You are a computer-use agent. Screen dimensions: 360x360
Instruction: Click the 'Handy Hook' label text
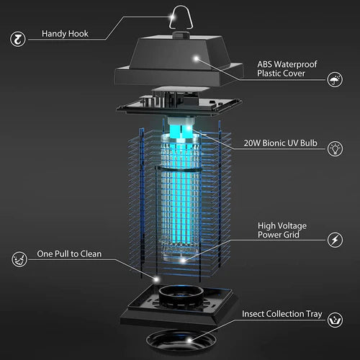pyautogui.click(x=66, y=33)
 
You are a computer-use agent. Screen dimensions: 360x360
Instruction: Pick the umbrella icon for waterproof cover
pyautogui.click(x=335, y=79)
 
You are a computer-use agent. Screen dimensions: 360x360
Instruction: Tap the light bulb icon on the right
pyautogui.click(x=335, y=149)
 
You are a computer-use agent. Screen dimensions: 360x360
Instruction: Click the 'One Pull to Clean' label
pyautogui.click(x=69, y=254)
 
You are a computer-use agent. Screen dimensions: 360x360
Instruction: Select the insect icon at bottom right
pyautogui.click(x=335, y=318)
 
